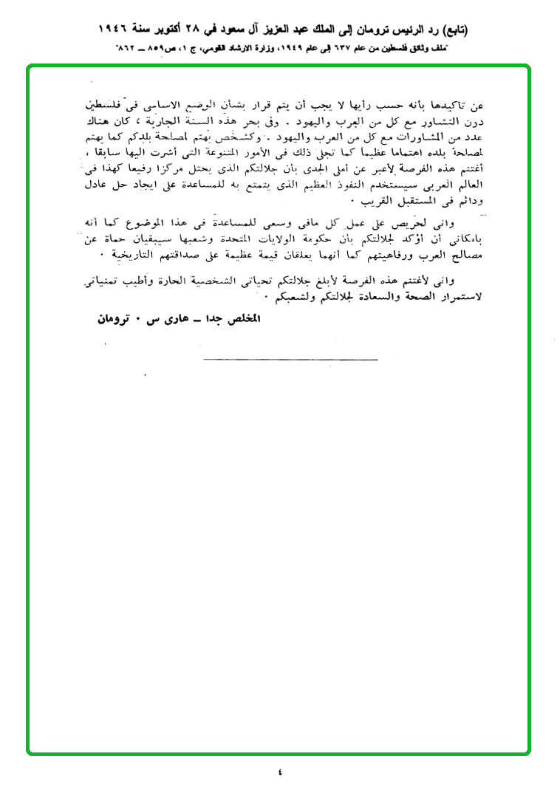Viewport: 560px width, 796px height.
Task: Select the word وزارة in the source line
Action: click(234, 48)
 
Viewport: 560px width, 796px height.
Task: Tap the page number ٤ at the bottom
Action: click(280, 773)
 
